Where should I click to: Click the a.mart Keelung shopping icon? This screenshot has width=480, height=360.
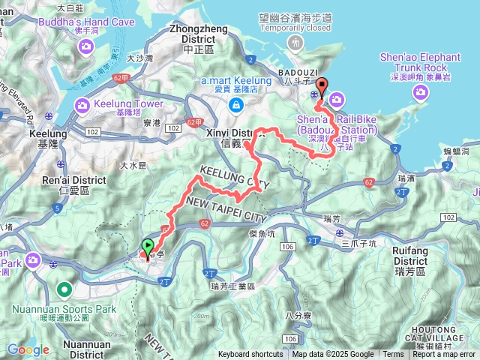tap(235, 106)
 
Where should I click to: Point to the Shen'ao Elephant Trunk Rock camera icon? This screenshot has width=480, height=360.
tap(421, 91)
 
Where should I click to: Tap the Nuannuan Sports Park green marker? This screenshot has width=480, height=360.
tap(64, 288)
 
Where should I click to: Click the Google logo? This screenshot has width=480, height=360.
tap(28, 349)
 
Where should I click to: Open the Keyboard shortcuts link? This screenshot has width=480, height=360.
tap(251, 355)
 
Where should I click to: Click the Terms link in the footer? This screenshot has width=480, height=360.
tap(393, 355)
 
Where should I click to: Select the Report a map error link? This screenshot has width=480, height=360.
tap(444, 355)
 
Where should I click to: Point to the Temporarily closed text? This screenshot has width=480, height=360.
tap(298, 28)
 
